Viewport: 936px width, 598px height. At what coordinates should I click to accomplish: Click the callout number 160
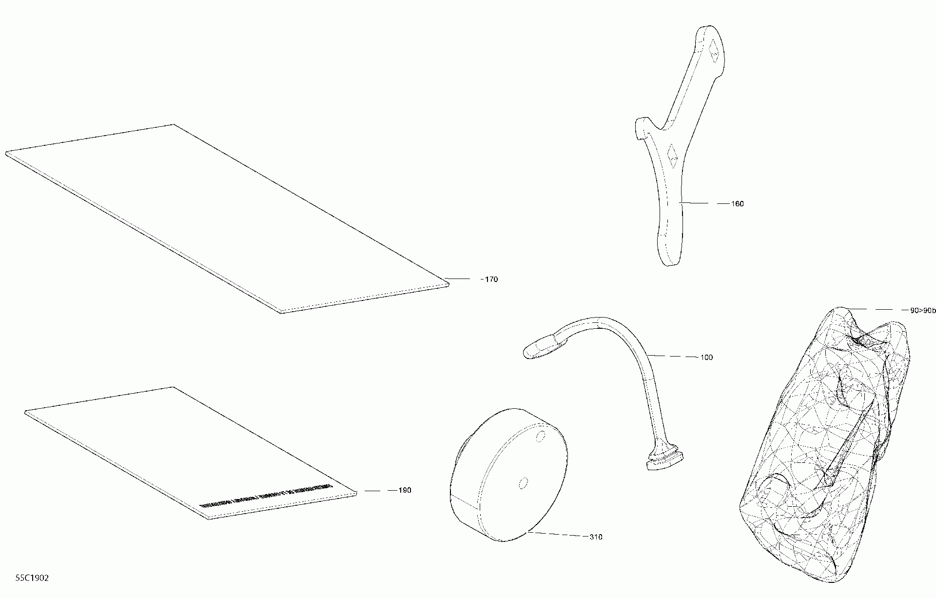click(x=737, y=204)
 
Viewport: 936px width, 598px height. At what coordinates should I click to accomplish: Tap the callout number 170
click(x=490, y=279)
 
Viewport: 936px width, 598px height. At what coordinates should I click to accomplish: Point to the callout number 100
click(x=706, y=358)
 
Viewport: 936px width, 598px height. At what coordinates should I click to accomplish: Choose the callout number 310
click(x=596, y=537)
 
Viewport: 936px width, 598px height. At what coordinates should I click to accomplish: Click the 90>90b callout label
click(x=918, y=310)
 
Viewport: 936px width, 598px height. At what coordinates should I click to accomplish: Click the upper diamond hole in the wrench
click(x=714, y=51)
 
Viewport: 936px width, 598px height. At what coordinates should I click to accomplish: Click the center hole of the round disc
click(x=523, y=483)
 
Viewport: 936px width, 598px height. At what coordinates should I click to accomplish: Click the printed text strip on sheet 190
click(x=266, y=497)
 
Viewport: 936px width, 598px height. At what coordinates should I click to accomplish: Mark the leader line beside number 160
click(x=700, y=203)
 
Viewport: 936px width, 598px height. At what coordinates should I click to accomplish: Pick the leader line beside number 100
click(x=675, y=357)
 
